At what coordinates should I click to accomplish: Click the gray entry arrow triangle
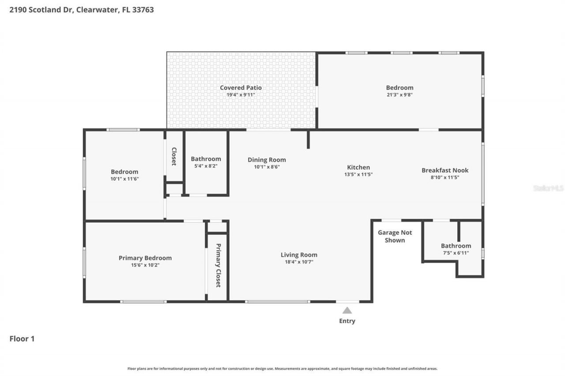[x=347, y=310]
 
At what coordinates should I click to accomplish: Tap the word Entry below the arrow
[x=347, y=321]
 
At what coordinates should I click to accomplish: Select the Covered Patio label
[x=241, y=88]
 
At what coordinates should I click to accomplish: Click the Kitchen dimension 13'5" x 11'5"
[x=358, y=174]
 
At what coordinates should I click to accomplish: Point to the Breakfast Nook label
[x=445, y=170]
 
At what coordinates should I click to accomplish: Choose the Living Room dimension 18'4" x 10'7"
[x=299, y=262]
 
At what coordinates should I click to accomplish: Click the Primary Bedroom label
[x=145, y=258]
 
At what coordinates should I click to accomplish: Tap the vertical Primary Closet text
[x=218, y=265]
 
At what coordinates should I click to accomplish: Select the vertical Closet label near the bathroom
[x=174, y=156]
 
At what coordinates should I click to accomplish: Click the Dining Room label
[x=267, y=160]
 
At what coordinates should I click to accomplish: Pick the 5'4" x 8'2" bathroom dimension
[x=206, y=166]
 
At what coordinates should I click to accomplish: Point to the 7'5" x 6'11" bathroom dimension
[x=456, y=253]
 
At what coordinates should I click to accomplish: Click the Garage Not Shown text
[x=395, y=236]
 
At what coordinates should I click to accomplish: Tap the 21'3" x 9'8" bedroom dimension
[x=399, y=95]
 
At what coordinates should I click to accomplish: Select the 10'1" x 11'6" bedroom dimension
[x=124, y=179]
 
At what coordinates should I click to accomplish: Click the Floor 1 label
[x=22, y=339]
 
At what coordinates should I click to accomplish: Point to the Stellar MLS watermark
[x=548, y=188]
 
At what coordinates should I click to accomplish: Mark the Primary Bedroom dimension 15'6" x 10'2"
[x=145, y=265]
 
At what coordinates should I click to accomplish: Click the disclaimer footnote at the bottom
[x=282, y=369]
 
